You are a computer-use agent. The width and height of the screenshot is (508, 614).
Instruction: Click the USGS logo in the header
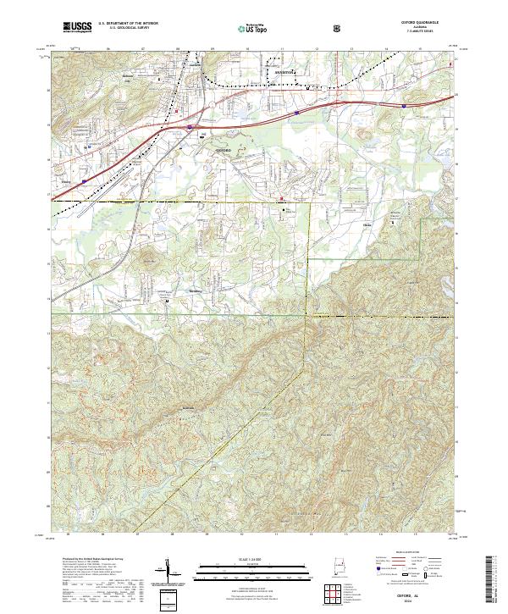tap(76, 28)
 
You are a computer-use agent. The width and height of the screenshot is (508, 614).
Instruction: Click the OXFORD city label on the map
tap(218, 148)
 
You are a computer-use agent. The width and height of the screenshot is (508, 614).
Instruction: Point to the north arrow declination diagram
tap(168, 571)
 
